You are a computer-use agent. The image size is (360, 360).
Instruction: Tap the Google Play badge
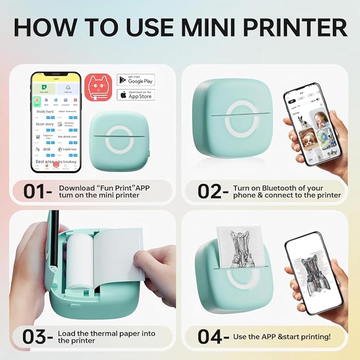[x=136, y=80]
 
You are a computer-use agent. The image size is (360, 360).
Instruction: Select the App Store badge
[x=136, y=95]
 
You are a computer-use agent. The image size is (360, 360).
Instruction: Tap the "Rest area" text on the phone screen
[x=45, y=162]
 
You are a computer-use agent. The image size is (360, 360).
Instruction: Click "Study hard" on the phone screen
[x=45, y=112]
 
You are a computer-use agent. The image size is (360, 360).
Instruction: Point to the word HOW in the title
[x=42, y=28]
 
